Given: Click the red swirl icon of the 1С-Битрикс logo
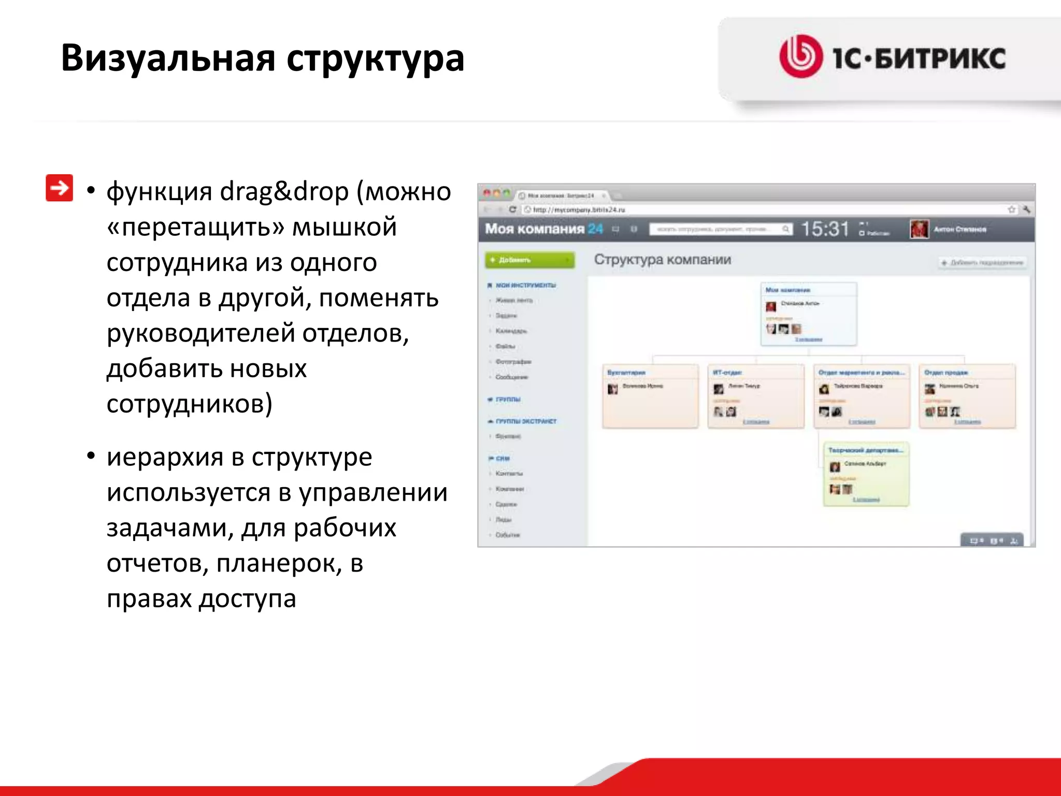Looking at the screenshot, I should pos(800,56).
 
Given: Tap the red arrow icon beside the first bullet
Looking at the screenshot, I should pos(60,188).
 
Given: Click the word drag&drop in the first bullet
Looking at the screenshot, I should pos(284,192).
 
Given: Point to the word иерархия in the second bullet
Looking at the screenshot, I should pos(164,457).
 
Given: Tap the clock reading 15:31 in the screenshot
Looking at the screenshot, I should pos(825,229).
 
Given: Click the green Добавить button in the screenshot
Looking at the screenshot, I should pos(529,260).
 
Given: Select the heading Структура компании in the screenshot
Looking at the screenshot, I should pos(662,260).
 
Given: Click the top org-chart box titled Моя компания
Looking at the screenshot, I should pos(808,314).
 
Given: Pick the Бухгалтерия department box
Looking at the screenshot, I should pos(650,396).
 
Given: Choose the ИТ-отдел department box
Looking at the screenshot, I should pos(755,396).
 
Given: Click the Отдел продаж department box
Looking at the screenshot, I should pos(967,396).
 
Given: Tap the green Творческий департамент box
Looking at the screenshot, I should pos(866,474).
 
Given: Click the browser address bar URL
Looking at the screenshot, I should pos(579,210).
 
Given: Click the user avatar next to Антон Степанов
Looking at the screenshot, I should pos(919,229).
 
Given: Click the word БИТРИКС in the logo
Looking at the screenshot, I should pos(940,58).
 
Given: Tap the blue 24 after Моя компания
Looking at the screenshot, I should pos(595,229).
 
